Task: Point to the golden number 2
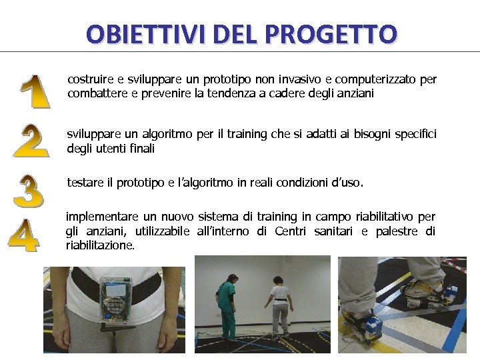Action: [x=31, y=140]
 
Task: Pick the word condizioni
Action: [x=277, y=183]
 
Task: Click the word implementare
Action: [x=102, y=217]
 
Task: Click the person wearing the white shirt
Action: [x=279, y=307]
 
